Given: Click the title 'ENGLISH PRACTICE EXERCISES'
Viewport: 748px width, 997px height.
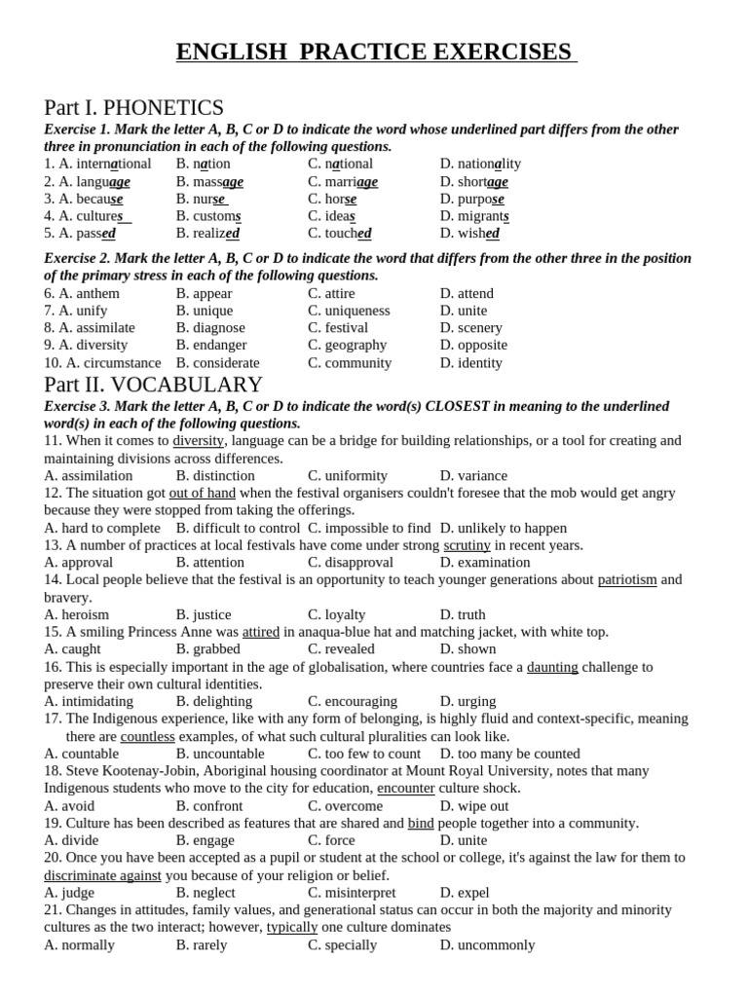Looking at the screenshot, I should (375, 52).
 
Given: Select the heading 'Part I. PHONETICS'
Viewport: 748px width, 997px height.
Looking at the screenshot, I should (133, 107).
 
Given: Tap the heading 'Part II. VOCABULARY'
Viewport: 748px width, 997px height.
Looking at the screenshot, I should (153, 385).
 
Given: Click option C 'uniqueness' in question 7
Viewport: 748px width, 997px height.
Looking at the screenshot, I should (356, 311).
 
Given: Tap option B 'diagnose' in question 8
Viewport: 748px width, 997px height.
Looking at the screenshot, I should (218, 328).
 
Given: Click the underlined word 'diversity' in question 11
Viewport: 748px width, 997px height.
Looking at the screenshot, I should (198, 441).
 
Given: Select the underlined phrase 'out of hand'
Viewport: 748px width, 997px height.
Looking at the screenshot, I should (203, 494).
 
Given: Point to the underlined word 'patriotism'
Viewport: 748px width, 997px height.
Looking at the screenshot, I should (627, 580).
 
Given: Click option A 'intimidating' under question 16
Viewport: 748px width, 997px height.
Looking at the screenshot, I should (96, 702).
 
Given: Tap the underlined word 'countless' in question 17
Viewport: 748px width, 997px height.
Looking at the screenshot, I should (147, 737).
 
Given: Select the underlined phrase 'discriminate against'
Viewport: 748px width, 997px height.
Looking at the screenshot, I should (102, 875).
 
